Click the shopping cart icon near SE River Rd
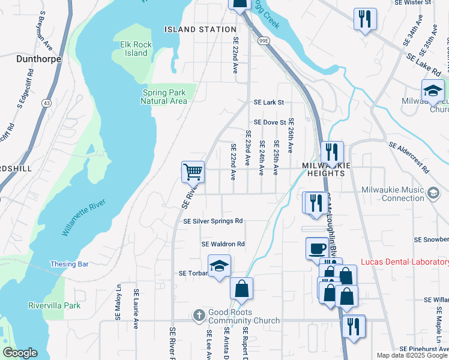click(x=193, y=172)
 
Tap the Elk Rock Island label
click(x=133, y=48)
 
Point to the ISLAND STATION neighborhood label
click(x=200, y=29)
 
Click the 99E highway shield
click(x=263, y=41)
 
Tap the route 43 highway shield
click(x=46, y=103)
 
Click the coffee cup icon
click(x=317, y=248)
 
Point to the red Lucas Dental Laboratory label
click(x=404, y=262)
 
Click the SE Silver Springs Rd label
click(x=212, y=221)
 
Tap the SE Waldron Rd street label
click(x=223, y=244)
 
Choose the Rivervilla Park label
click(x=54, y=305)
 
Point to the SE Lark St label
click(x=268, y=103)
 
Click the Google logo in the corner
click(x=20, y=353)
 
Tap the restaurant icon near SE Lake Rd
click(x=364, y=19)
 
